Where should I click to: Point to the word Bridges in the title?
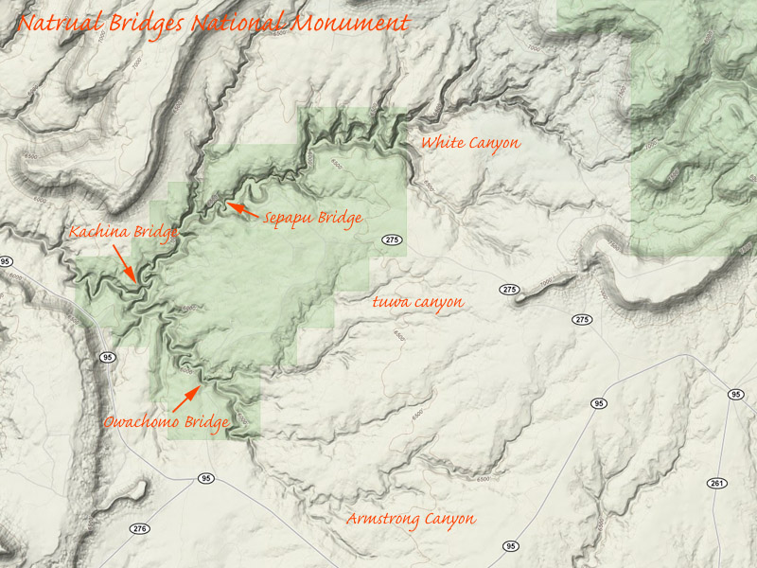(x=144, y=23)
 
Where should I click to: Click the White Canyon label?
(x=470, y=143)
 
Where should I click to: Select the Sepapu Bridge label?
(x=312, y=219)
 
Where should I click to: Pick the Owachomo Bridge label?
(x=166, y=423)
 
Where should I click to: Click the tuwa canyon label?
(x=416, y=302)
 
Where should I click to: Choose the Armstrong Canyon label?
(x=410, y=519)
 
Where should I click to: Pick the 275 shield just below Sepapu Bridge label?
(x=393, y=240)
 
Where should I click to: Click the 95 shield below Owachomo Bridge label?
(x=205, y=478)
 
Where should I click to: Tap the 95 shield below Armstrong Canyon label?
(x=511, y=546)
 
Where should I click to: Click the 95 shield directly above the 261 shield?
(x=735, y=394)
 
